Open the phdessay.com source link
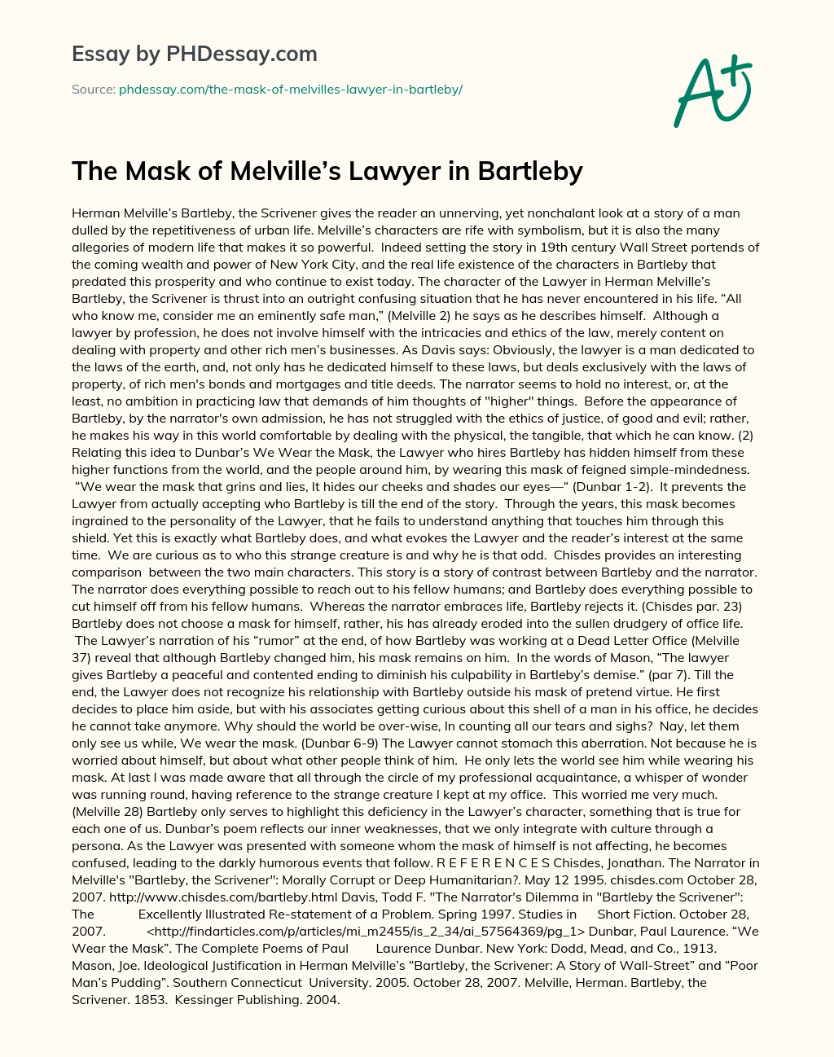291,90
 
